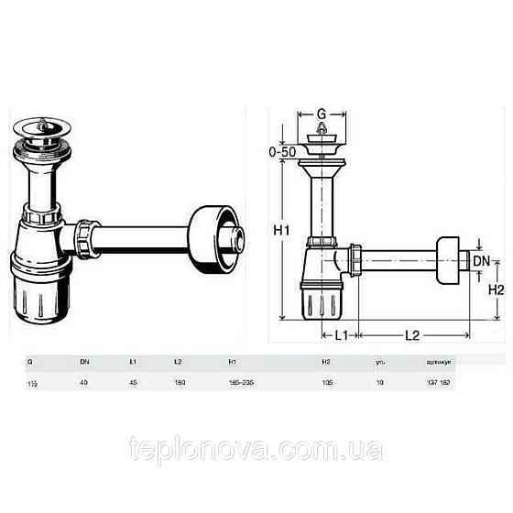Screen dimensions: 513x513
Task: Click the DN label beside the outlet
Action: coord(480,262)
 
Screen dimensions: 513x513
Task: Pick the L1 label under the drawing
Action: coord(339,335)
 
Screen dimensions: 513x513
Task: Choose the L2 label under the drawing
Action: coord(412,335)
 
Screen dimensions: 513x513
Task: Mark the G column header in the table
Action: coord(29,363)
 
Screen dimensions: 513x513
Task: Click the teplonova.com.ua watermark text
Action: coord(256,450)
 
